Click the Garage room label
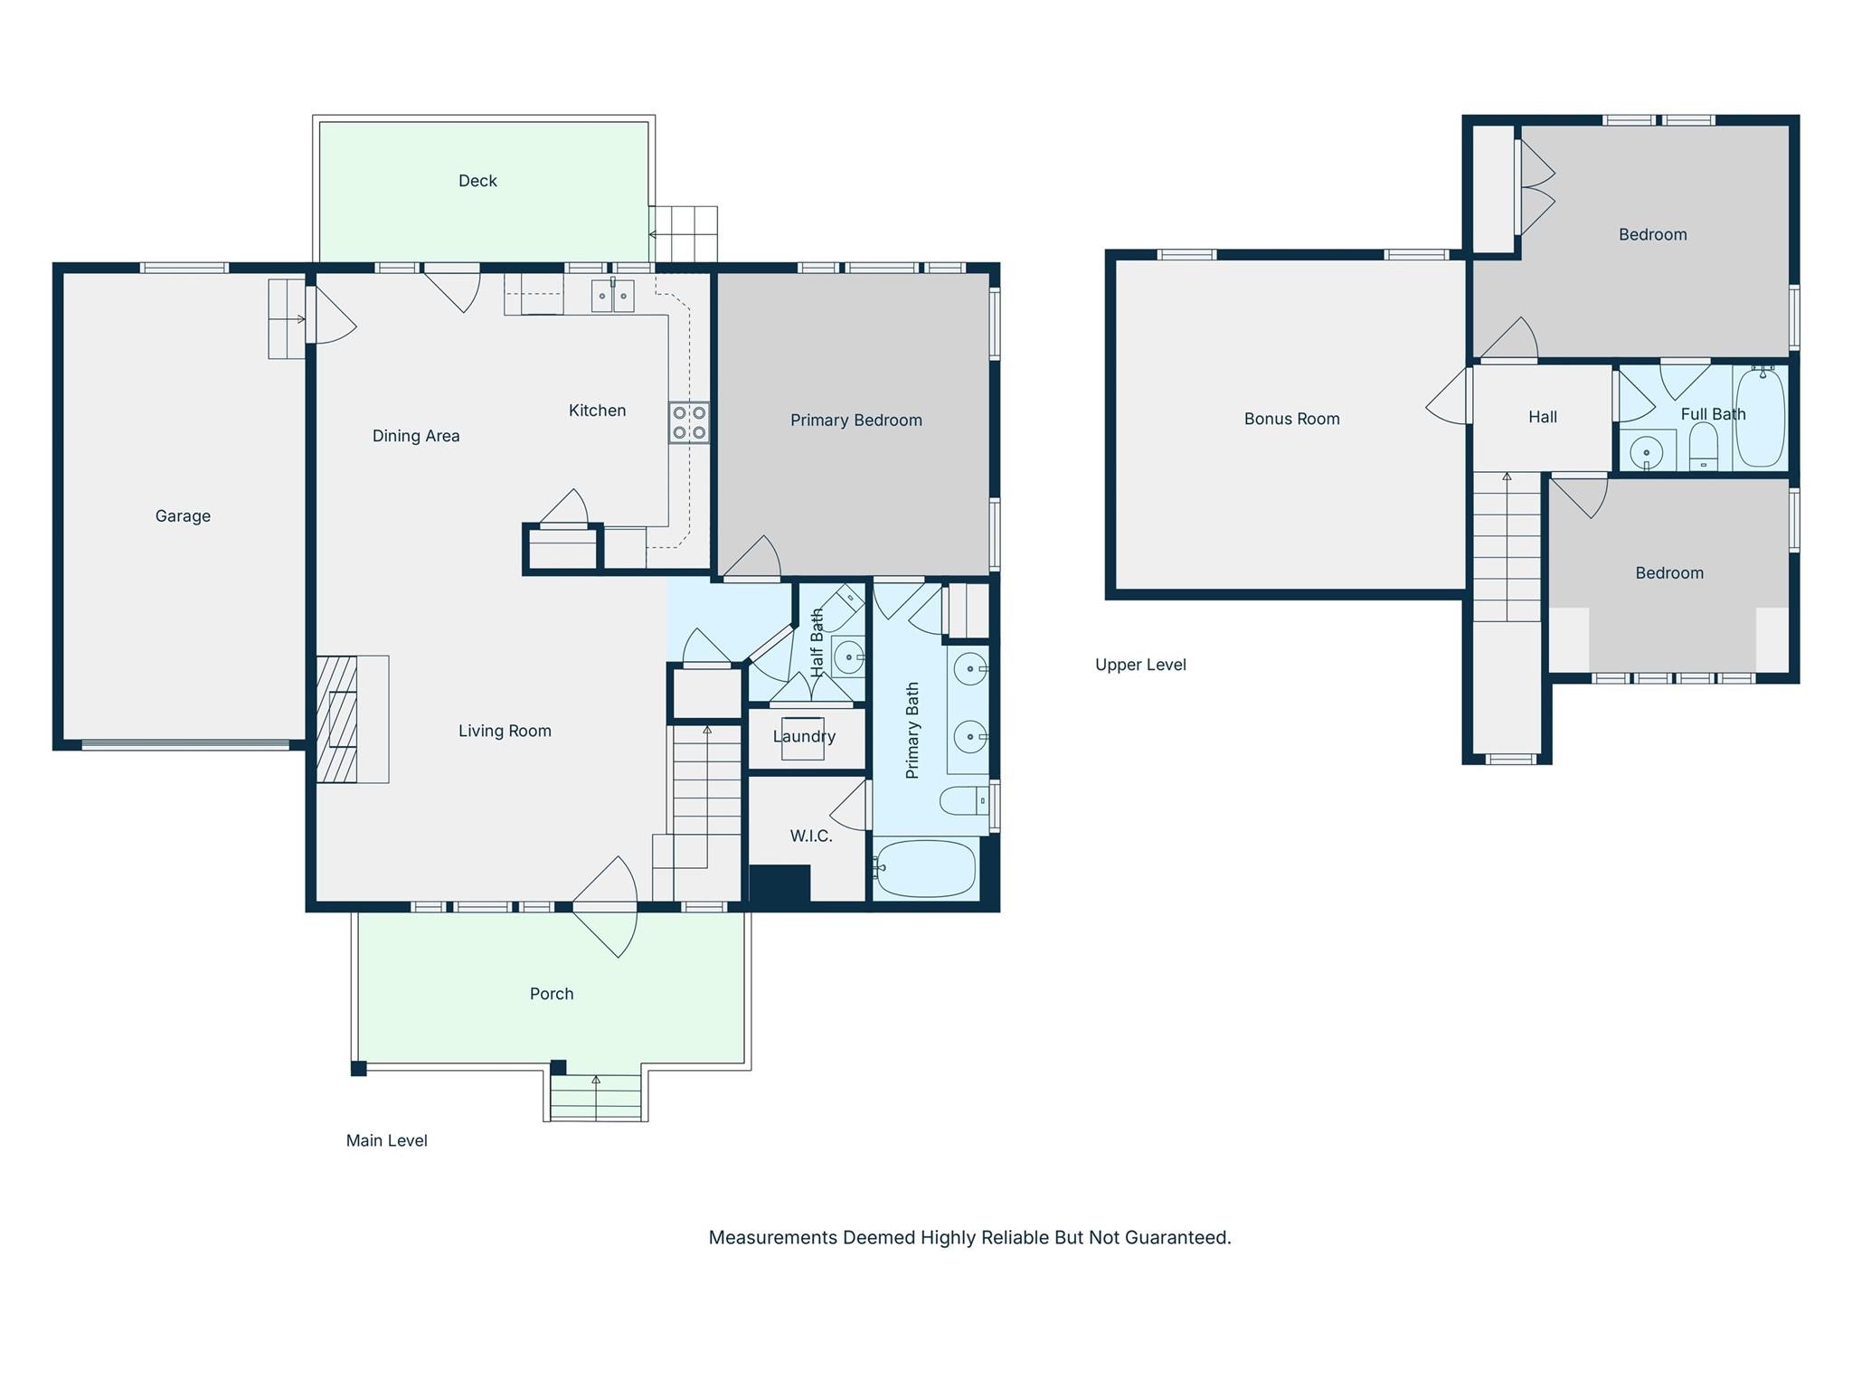pos(183,516)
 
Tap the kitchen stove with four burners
pos(689,422)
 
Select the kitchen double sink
pos(612,296)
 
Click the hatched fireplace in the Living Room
pos(337,719)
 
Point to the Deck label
pos(477,181)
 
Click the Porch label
pos(552,994)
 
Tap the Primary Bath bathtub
pos(926,869)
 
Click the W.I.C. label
pos(811,836)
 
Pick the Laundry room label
pos(804,736)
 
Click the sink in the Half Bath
pos(848,657)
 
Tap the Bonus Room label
pos(1291,419)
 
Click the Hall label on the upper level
pos(1543,417)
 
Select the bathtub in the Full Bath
pos(1760,417)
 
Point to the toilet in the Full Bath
pos(1703,449)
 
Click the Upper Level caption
pos(1140,665)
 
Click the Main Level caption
pos(386,1141)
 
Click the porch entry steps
pos(596,1098)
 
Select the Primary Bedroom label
pos(855,420)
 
